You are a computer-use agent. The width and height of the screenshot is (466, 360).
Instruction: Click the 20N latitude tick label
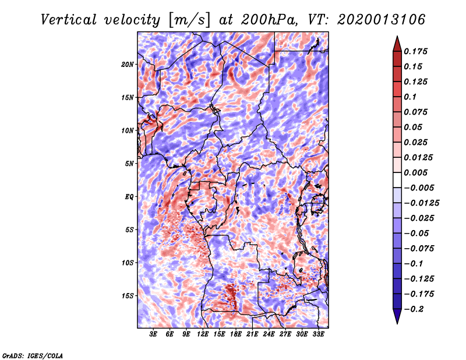tap(128, 64)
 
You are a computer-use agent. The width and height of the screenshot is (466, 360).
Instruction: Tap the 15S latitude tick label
tap(128, 296)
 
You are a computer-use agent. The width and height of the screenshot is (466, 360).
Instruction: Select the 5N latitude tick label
tap(129, 164)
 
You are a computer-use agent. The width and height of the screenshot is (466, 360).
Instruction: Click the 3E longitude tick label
tap(154, 334)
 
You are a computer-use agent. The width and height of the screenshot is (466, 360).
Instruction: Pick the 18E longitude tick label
tap(236, 334)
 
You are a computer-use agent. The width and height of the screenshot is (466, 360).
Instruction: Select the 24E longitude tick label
tap(269, 334)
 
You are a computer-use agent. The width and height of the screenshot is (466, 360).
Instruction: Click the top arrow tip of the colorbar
tap(396, 38)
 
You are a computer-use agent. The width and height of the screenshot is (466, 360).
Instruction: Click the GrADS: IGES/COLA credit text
tap(32, 355)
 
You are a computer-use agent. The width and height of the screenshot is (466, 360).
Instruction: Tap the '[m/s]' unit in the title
tap(188, 20)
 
